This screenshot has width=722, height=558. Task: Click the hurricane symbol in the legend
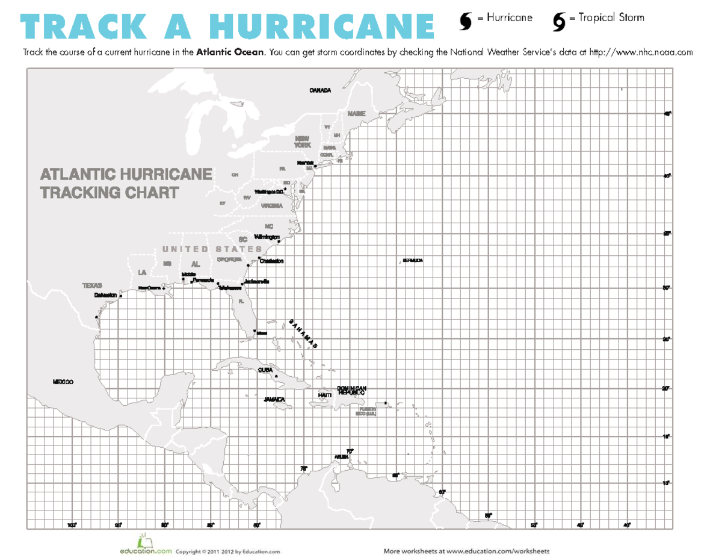(466, 20)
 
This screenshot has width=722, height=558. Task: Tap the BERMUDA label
(413, 261)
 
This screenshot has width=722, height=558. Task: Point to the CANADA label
(320, 91)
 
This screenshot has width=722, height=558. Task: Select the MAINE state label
(356, 114)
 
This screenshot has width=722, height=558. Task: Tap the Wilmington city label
(267, 237)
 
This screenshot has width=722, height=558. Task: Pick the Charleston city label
(271, 261)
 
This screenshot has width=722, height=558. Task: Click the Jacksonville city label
(257, 282)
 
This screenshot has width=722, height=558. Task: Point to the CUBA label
(265, 370)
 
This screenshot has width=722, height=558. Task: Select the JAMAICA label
(274, 399)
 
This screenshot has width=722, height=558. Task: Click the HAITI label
(325, 394)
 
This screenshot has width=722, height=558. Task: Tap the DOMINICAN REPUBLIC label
(351, 390)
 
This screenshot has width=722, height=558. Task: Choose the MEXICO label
(63, 382)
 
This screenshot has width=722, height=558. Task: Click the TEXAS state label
(93, 285)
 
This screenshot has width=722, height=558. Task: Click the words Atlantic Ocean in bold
(230, 52)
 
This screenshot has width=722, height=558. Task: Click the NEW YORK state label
(303, 142)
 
